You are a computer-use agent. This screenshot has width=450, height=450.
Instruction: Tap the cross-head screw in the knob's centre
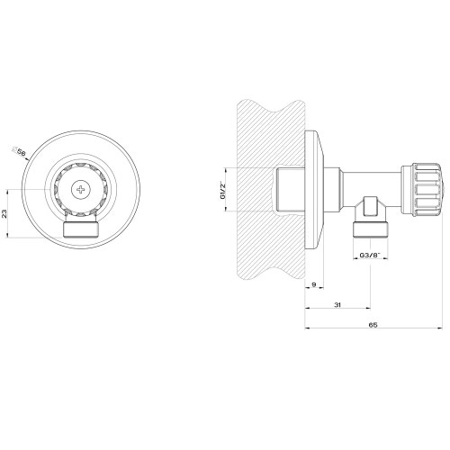[81, 189]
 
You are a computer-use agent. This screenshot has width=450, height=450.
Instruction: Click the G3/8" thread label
[371, 256]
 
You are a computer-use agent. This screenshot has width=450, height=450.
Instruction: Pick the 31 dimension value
[337, 307]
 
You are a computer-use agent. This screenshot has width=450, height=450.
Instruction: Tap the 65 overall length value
[372, 327]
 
